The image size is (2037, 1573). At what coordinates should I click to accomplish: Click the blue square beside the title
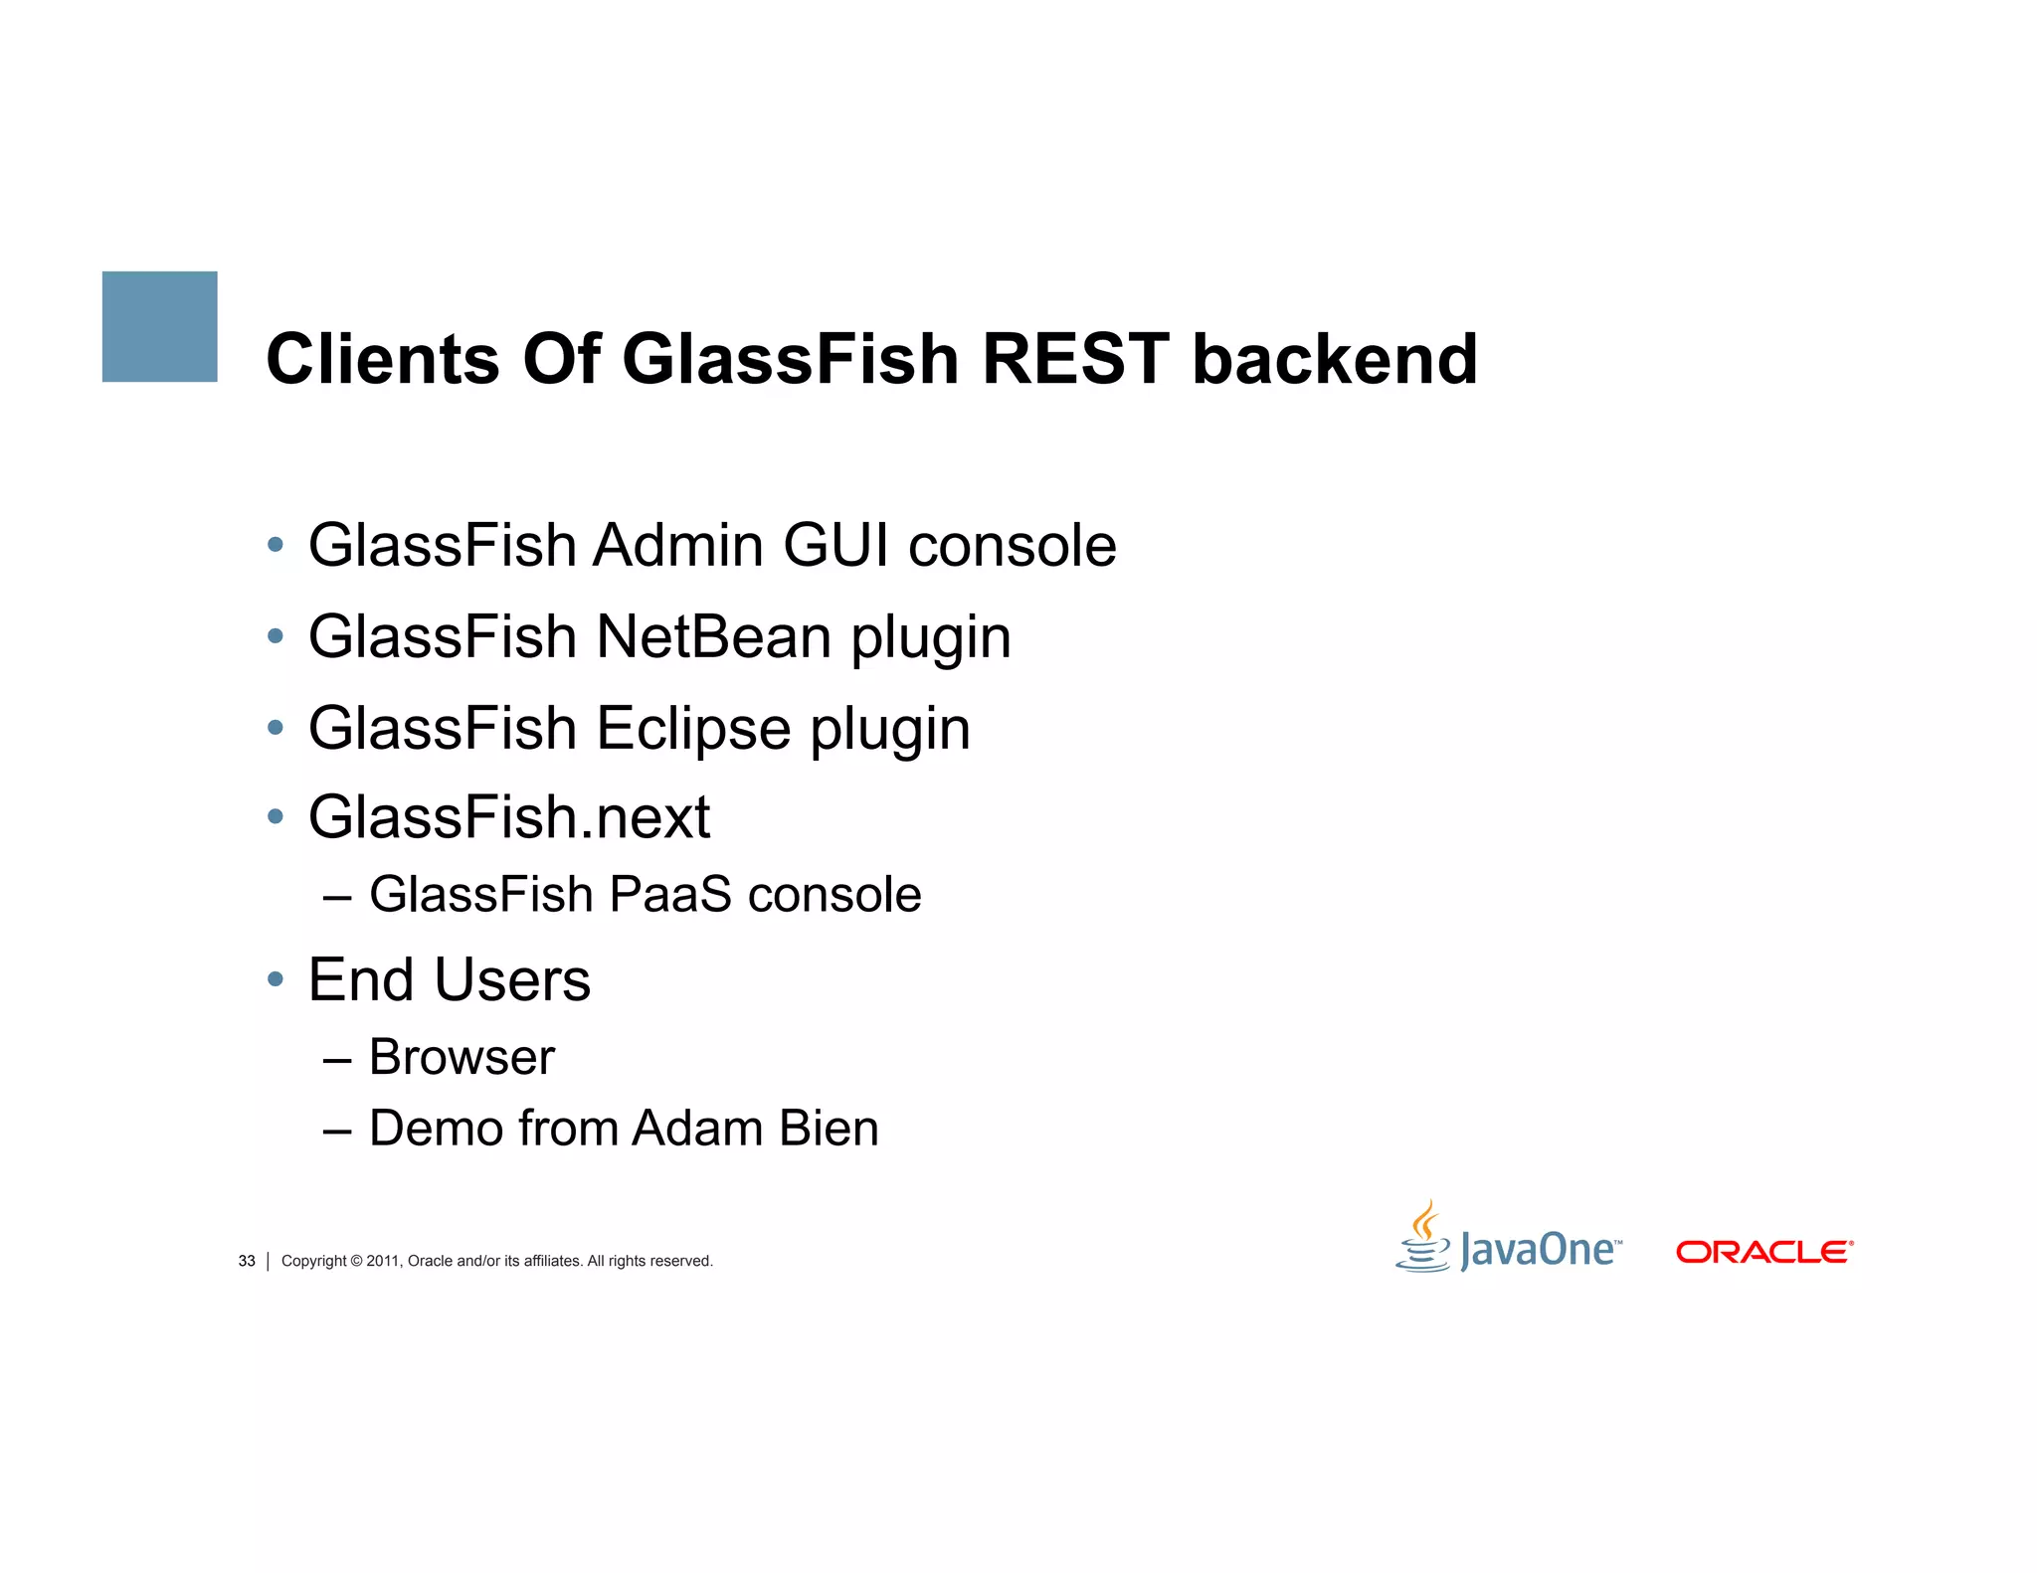click(159, 326)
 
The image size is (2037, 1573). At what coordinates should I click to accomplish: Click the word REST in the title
click(1075, 359)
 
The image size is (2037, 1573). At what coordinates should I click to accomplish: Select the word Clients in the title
click(383, 359)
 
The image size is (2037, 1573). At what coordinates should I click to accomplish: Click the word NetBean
click(713, 636)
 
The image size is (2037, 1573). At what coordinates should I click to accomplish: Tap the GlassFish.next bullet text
click(509, 817)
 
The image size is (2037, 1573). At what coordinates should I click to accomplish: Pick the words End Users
click(450, 980)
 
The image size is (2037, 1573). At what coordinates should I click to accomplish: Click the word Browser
click(462, 1057)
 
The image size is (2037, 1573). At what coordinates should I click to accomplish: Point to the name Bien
click(829, 1129)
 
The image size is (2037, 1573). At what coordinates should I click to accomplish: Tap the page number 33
click(247, 1261)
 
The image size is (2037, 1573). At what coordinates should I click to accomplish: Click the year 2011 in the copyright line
click(383, 1261)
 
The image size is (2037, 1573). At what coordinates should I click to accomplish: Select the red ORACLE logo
click(1763, 1252)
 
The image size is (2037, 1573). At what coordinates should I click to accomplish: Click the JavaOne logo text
click(1538, 1250)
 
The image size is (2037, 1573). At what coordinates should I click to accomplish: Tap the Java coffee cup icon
click(1424, 1238)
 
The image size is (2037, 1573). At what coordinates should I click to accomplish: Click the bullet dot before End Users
click(276, 980)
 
